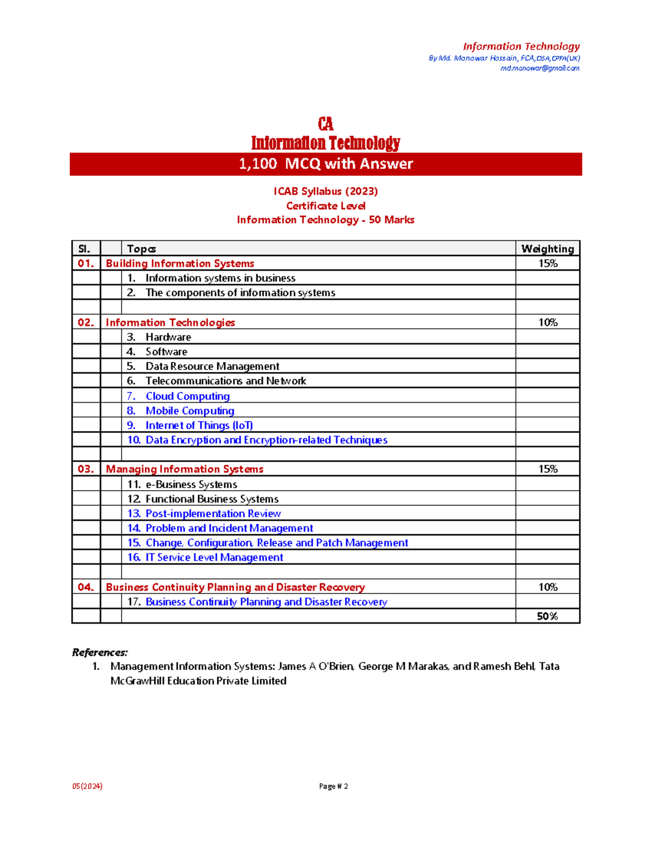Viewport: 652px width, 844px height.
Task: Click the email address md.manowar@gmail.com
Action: coord(540,68)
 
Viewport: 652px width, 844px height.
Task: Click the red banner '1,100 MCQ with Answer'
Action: coord(326,164)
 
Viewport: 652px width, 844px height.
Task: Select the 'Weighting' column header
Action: coord(547,249)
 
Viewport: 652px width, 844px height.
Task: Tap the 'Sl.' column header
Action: coord(85,249)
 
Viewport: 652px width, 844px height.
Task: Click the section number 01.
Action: coord(86,264)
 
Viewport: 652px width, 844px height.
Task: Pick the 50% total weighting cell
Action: coord(547,616)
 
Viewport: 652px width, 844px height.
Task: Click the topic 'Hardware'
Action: coord(168,337)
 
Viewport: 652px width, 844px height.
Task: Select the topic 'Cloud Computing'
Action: coord(187,396)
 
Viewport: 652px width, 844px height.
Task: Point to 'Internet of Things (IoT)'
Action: coord(199,426)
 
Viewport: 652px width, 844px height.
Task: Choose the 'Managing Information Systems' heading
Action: coord(184,469)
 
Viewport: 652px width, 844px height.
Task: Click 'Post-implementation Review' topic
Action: coord(213,514)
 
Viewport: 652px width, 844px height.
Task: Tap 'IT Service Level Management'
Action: coord(214,558)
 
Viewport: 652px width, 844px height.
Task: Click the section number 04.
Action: coord(86,587)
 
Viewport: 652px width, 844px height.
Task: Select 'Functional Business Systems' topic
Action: coord(212,499)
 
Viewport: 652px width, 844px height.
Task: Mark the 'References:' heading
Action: coord(100,652)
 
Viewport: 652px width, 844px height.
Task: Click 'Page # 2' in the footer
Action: coord(333,786)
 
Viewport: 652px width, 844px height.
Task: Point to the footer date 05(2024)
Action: coord(87,786)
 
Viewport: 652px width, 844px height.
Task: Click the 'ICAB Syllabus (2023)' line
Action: coord(325,191)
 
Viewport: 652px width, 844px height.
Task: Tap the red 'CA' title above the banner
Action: coord(325,124)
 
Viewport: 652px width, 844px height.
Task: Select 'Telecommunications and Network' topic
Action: coord(225,381)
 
